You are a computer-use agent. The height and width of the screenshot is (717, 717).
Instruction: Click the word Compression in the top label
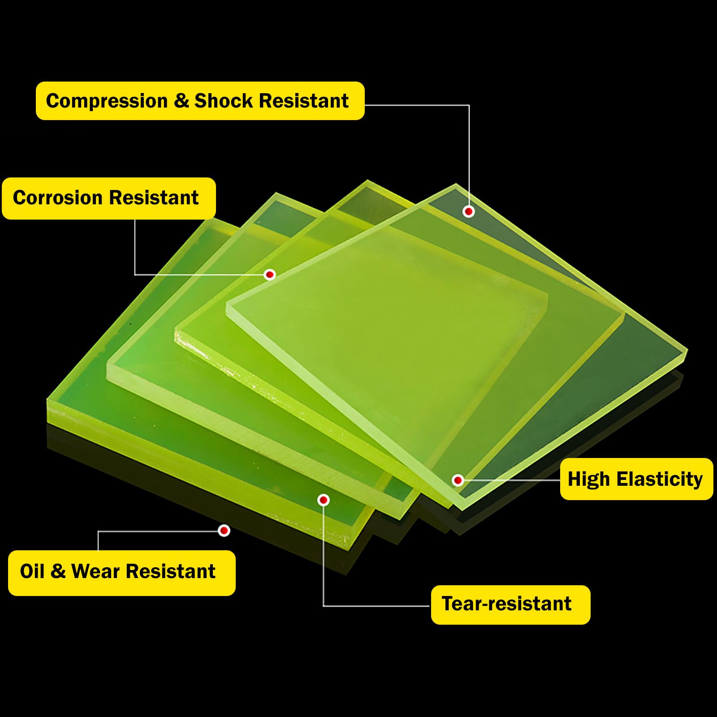click(x=107, y=101)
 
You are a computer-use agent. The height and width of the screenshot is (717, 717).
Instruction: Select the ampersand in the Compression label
click(x=181, y=101)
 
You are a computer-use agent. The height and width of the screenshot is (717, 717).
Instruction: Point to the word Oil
click(x=32, y=571)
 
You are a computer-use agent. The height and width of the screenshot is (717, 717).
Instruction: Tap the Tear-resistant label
click(x=510, y=605)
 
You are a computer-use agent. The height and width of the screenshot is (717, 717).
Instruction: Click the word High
click(x=589, y=479)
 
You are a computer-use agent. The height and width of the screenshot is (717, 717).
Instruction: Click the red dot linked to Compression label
click(x=469, y=211)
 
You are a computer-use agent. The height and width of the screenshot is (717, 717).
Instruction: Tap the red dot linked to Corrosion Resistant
click(x=270, y=274)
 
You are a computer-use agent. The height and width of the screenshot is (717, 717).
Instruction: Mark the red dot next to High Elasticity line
click(x=458, y=480)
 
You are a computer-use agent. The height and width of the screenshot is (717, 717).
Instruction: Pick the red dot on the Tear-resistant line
click(x=324, y=500)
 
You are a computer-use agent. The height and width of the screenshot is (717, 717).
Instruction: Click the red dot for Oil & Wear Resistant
click(x=224, y=531)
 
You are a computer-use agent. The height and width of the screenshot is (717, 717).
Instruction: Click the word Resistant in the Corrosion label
click(x=154, y=198)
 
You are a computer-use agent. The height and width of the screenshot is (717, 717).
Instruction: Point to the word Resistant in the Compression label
click(x=304, y=101)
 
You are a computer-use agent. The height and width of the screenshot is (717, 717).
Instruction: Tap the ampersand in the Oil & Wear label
click(x=58, y=571)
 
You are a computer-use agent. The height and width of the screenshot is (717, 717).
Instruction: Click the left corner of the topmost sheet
click(x=226, y=306)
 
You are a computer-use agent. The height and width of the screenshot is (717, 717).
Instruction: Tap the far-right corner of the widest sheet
click(x=687, y=350)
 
